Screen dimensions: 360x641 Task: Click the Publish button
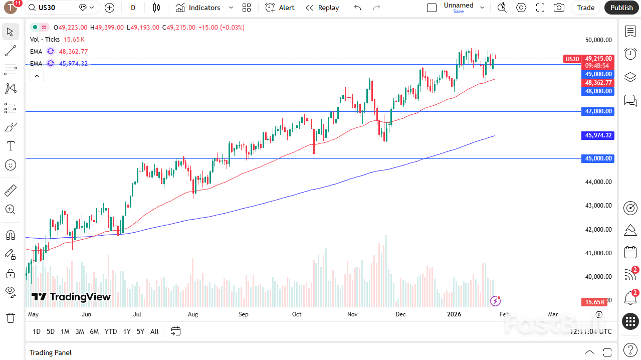tap(621, 8)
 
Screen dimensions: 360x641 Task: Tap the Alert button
tap(280, 8)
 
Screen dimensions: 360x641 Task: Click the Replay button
tap(322, 8)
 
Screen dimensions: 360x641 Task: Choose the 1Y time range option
tap(127, 331)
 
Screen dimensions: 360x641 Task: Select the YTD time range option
tap(111, 331)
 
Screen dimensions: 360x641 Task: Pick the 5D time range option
tap(51, 331)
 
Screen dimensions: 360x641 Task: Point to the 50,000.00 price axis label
tap(598, 40)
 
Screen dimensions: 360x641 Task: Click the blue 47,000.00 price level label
tap(598, 111)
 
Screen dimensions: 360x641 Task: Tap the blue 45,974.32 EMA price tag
tap(598, 135)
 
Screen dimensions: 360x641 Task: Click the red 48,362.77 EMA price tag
tap(598, 83)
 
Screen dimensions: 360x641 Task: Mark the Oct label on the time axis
tap(297, 314)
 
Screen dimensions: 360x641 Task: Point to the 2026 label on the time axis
tap(454, 314)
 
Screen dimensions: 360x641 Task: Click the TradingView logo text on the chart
tap(71, 297)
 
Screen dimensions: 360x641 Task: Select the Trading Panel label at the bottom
tap(51, 352)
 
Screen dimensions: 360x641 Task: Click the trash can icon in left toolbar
tap(10, 318)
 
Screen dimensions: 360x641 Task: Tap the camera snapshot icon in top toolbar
tap(559, 8)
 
